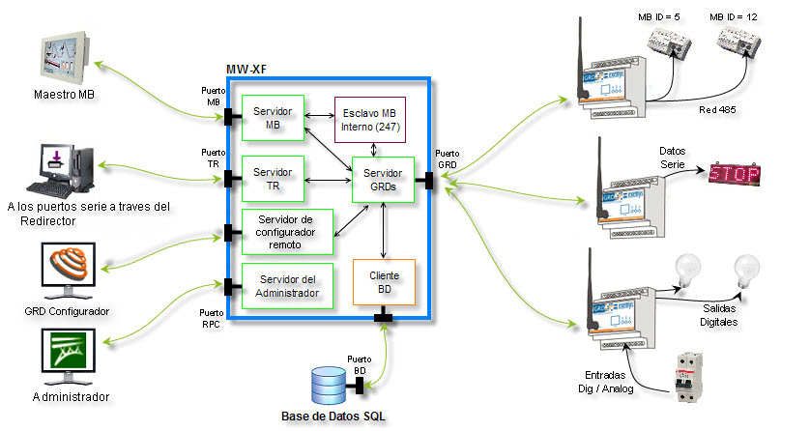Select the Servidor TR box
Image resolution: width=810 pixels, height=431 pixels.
pyautogui.click(x=272, y=178)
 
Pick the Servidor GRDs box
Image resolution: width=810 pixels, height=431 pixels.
pyautogui.click(x=384, y=179)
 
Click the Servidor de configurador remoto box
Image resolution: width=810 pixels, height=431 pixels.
pyautogui.click(x=287, y=232)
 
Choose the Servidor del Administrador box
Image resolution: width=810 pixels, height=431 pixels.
pyautogui.click(x=287, y=286)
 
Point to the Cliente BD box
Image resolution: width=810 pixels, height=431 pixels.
pyautogui.click(x=384, y=283)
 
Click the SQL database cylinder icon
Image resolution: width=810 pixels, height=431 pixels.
pyautogui.click(x=329, y=387)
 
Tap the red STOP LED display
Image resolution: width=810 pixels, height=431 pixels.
pyautogui.click(x=735, y=174)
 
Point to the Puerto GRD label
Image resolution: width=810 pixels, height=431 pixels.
pyautogui.click(x=448, y=159)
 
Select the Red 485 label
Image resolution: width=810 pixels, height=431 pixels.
pyautogui.click(x=718, y=110)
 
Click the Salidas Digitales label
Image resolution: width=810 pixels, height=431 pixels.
pyautogui.click(x=719, y=314)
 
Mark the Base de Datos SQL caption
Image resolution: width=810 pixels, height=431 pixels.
pyautogui.click(x=334, y=417)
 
